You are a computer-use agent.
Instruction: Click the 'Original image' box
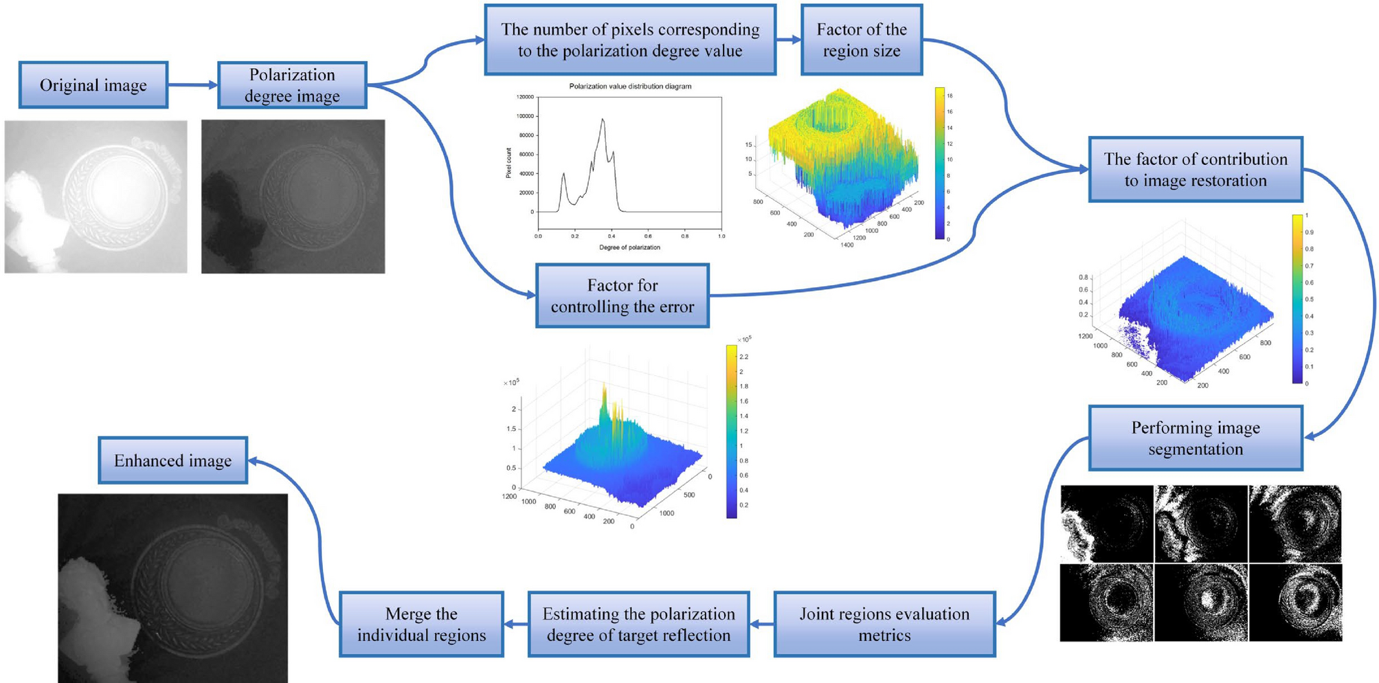pos(93,85)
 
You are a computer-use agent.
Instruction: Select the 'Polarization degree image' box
pos(292,85)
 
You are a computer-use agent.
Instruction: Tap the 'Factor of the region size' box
pos(861,40)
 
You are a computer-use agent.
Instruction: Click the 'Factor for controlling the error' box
pos(622,295)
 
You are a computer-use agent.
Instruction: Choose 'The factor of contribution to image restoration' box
pos(1195,170)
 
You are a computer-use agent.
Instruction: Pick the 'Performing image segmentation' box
pos(1195,438)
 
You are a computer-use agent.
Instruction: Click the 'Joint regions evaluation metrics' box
pos(884,624)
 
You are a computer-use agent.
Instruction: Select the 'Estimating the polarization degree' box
pos(638,624)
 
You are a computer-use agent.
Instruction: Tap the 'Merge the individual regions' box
pos(421,624)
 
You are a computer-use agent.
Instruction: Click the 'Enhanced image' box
pos(172,460)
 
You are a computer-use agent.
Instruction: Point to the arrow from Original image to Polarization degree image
pos(192,85)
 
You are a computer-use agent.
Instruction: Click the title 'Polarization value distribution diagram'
pos(630,87)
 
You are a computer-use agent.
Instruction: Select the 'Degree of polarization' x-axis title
pos(629,247)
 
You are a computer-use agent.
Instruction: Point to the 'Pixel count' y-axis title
pos(509,163)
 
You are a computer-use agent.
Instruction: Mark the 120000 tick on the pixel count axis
pos(524,98)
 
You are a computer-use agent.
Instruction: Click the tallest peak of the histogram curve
pos(603,120)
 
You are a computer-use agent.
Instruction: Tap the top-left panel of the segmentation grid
pos(1106,524)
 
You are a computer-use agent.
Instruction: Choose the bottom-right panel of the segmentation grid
pos(1295,602)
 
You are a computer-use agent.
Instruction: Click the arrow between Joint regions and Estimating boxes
pos(761,624)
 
